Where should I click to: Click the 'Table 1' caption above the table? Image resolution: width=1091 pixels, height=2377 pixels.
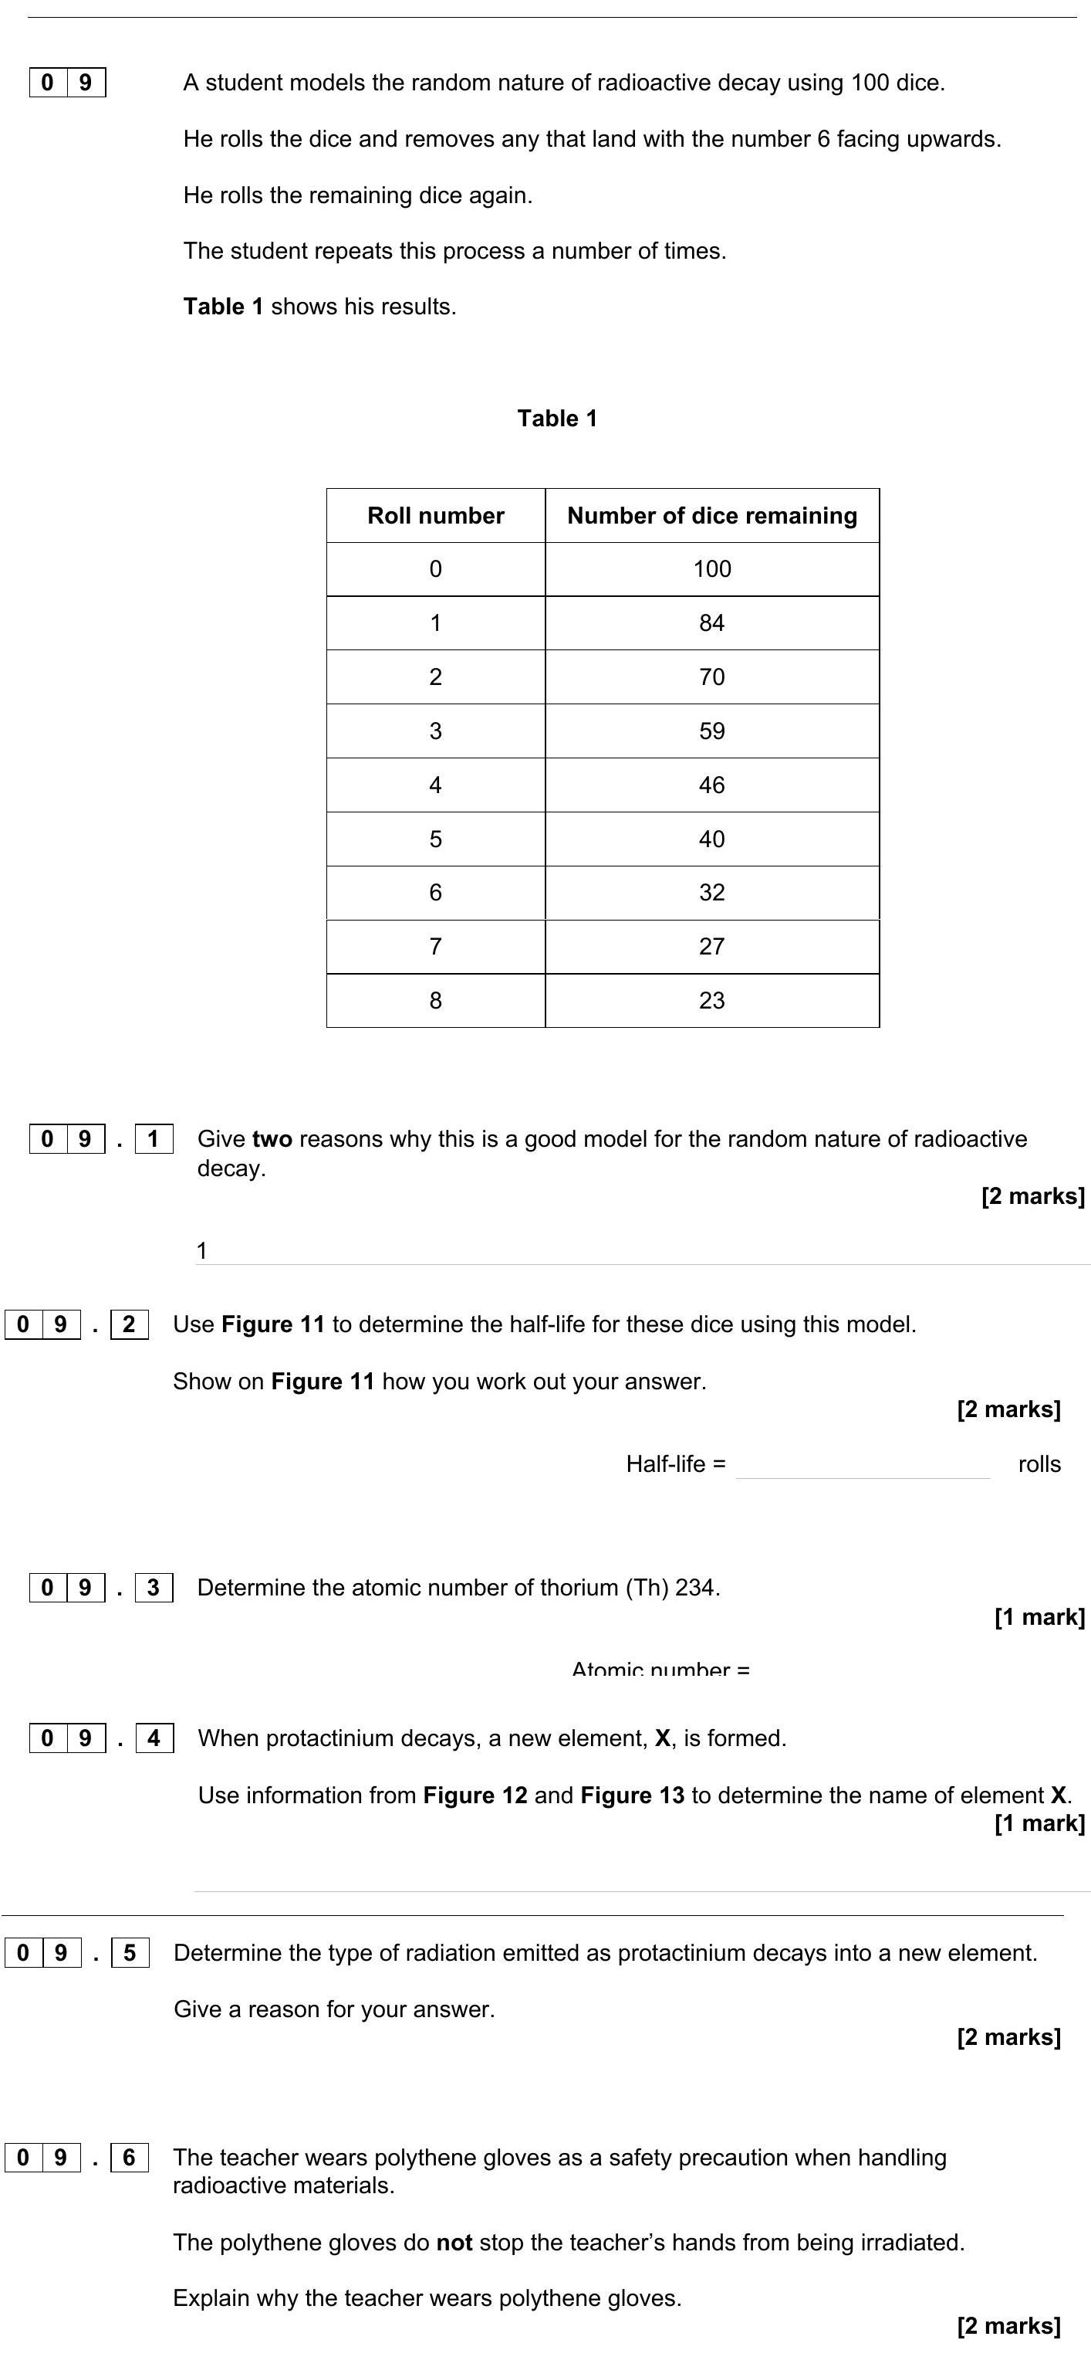coord(557,418)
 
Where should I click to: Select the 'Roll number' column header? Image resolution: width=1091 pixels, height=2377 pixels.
coord(435,515)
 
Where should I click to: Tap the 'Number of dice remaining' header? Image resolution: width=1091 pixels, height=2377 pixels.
coord(712,515)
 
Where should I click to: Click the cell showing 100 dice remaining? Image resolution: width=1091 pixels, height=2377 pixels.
coord(712,568)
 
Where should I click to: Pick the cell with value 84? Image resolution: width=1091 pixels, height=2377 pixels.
coord(712,623)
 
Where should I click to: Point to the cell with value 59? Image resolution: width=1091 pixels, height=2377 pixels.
coord(712,731)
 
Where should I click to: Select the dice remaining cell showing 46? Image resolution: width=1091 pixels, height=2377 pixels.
coord(712,785)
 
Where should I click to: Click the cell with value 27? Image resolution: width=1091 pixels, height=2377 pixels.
coord(712,946)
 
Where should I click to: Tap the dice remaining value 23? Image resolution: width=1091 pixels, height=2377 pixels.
coord(712,1000)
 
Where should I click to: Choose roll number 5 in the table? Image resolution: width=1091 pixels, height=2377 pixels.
coord(435,839)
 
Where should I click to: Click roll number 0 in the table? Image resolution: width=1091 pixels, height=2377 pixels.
coord(435,568)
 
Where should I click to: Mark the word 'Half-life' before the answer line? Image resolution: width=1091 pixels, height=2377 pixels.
coord(666,1464)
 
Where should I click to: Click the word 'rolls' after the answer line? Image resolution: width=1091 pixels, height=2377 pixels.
coord(1039,1464)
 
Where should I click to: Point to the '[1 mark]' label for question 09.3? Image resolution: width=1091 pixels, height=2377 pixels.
coord(1039,1616)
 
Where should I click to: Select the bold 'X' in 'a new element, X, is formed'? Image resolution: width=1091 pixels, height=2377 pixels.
coord(662,1738)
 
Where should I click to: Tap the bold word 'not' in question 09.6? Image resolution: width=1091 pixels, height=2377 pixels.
coord(454,2243)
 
